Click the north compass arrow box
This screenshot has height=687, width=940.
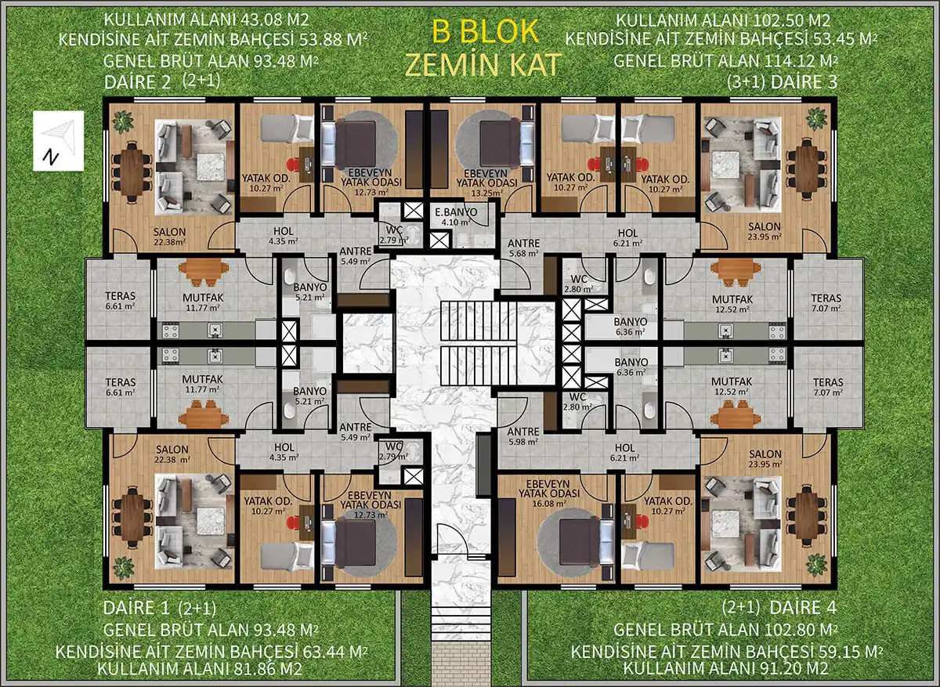(x=58, y=140)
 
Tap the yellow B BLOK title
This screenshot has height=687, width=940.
(x=485, y=31)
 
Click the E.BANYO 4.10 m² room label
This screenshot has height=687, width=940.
(x=456, y=217)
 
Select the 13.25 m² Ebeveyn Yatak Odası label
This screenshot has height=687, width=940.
(x=486, y=183)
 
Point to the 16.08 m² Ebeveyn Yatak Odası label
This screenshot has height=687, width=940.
(x=549, y=494)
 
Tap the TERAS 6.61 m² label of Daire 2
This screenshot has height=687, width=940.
(x=121, y=301)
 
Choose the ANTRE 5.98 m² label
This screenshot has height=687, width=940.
(x=523, y=436)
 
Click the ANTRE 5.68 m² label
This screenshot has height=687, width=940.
(x=523, y=248)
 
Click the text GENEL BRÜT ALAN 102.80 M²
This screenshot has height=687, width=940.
(x=725, y=630)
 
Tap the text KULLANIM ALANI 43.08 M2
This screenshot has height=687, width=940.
(x=206, y=20)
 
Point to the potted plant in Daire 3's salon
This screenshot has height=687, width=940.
(x=816, y=118)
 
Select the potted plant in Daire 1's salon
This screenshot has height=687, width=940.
(x=124, y=567)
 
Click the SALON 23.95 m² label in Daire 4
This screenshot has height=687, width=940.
(x=765, y=459)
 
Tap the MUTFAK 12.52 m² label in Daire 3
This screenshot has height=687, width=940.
(x=732, y=304)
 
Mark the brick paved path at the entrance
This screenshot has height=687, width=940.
(x=461, y=662)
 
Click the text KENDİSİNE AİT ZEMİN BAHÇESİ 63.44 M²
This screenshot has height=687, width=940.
(x=211, y=652)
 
